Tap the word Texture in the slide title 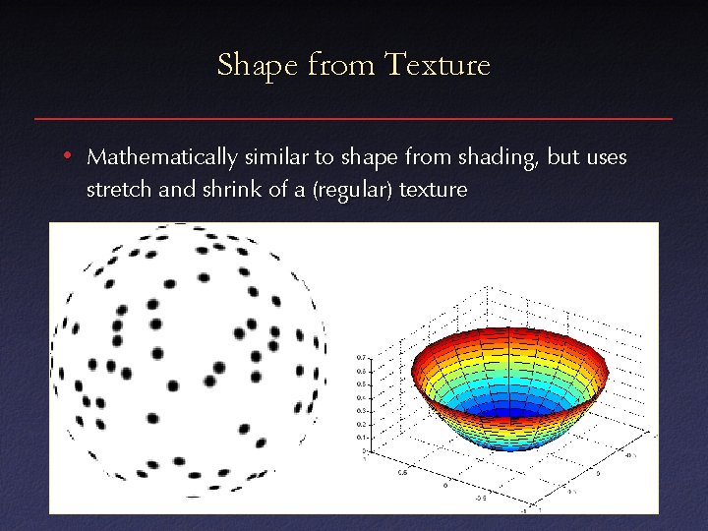pyautogui.click(x=438, y=65)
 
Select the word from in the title pyautogui.click(x=340, y=65)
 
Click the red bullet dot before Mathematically pyautogui.click(x=64, y=156)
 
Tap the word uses pyautogui.click(x=602, y=157)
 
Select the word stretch pyautogui.click(x=119, y=189)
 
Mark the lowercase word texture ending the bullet pyautogui.click(x=434, y=189)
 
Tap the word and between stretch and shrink pyautogui.click(x=177, y=189)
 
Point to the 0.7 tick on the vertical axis pyautogui.click(x=362, y=357)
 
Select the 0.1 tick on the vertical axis pyautogui.click(x=362, y=437)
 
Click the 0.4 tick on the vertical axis pyautogui.click(x=362, y=397)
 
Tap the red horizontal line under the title pyautogui.click(x=354, y=119)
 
